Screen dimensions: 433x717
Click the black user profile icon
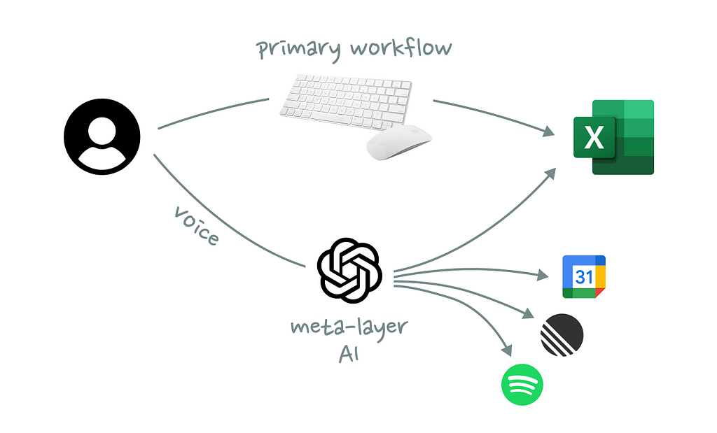102,137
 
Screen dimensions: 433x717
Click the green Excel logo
613,137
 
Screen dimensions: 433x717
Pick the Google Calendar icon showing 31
584,277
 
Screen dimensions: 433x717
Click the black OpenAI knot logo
349,271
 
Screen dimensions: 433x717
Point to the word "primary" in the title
297,50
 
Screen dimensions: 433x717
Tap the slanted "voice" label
196,225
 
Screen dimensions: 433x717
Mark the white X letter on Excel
594,138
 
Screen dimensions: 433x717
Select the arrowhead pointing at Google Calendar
544,275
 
